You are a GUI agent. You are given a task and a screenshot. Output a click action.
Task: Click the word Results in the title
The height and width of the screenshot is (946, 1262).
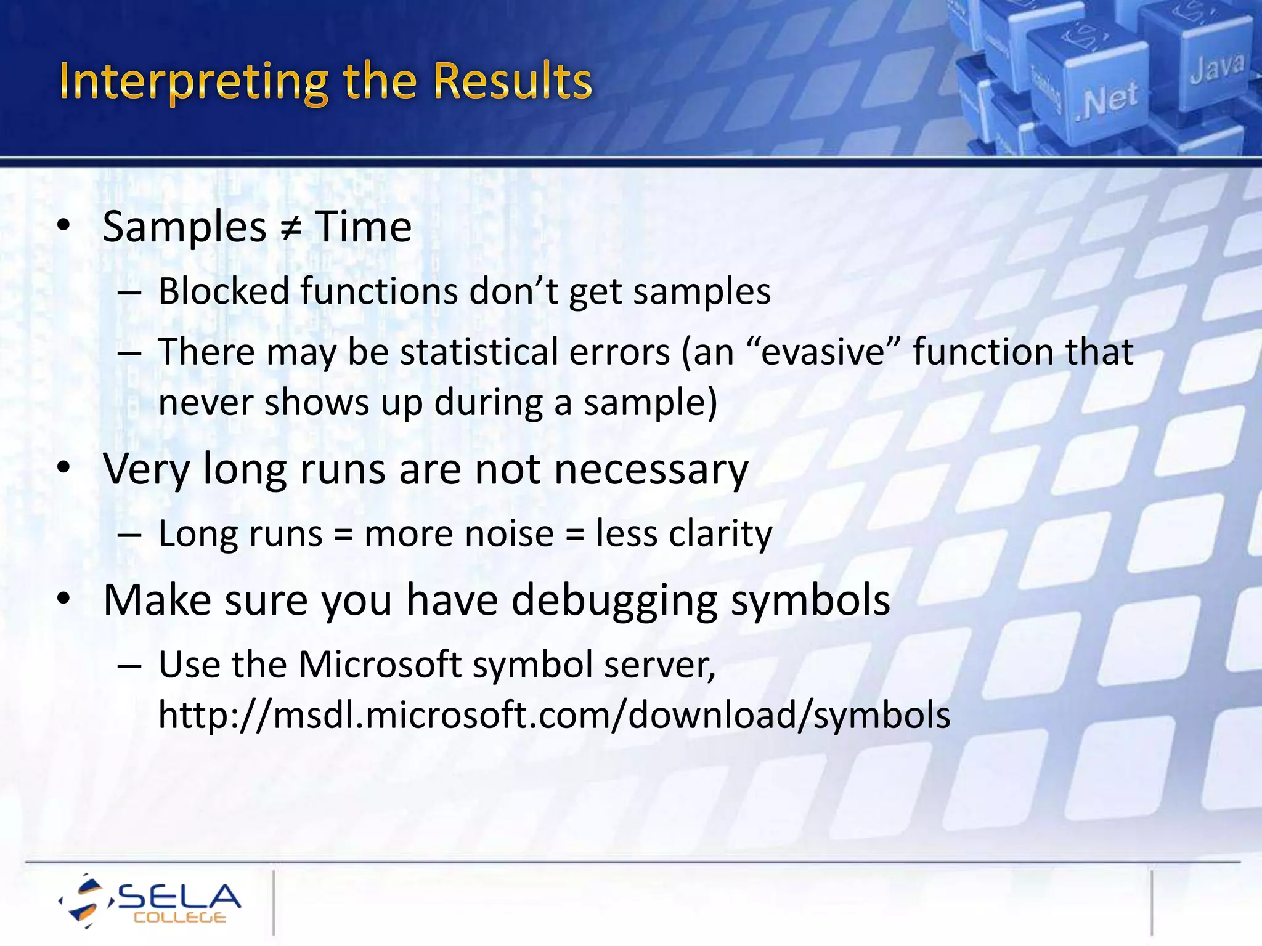click(x=511, y=81)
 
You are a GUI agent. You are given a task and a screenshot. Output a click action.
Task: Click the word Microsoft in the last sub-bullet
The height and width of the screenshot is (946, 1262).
click(x=380, y=665)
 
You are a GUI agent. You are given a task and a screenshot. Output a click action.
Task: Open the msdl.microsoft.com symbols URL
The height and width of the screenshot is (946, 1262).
click(x=554, y=716)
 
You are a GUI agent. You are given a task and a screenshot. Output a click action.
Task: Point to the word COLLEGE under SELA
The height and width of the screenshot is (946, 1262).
click(x=180, y=918)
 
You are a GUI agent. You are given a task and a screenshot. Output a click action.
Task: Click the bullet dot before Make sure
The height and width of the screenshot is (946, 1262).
click(x=63, y=599)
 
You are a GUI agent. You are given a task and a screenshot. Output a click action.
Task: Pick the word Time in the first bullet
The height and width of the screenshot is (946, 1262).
click(x=364, y=228)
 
